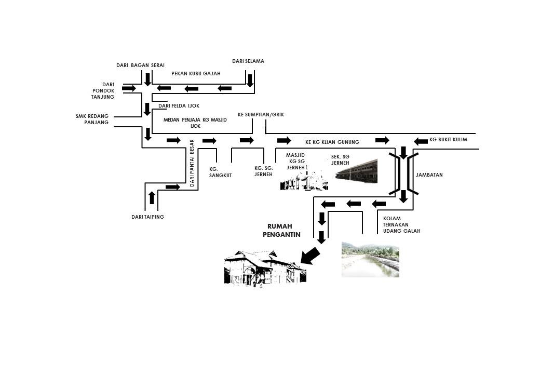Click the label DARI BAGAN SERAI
point(140,65)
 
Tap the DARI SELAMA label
point(248,61)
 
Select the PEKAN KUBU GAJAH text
point(196,74)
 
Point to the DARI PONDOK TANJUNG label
point(103,90)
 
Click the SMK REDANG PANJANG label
point(92,119)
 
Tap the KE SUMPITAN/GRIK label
point(261,114)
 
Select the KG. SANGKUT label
point(220,172)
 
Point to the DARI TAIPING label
point(147,217)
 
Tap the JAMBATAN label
point(429,175)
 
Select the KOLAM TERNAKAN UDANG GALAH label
point(401,224)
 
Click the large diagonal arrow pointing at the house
point(310,256)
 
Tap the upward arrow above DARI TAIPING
point(152,197)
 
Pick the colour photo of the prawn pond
point(370,259)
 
